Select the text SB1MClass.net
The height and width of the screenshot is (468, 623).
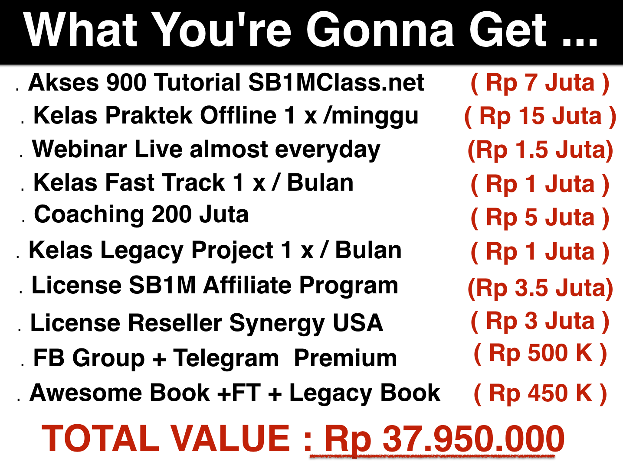pyautogui.click(x=336, y=82)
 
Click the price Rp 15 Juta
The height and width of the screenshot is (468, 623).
pyautogui.click(x=540, y=117)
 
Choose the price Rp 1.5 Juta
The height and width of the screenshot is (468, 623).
pyautogui.click(x=540, y=150)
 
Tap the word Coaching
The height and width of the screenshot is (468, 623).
pyautogui.click(x=89, y=215)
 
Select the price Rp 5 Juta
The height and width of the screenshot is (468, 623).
pyautogui.click(x=540, y=218)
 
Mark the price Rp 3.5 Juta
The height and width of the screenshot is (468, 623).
pyautogui.click(x=540, y=289)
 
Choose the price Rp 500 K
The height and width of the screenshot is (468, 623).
pyautogui.click(x=541, y=353)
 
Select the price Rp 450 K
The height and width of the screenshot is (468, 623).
pyautogui.click(x=541, y=393)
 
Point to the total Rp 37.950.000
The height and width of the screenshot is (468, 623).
pyautogui.click(x=444, y=439)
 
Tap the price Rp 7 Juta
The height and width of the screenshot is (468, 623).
pyautogui.click(x=540, y=83)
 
